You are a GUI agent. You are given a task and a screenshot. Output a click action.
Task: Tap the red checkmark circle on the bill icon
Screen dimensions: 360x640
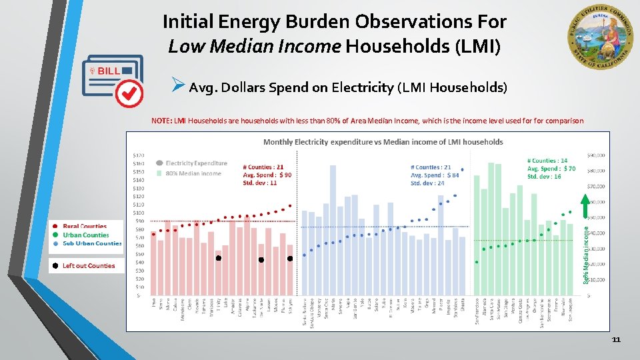click(129, 93)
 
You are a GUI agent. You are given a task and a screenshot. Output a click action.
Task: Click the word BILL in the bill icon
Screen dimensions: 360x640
click(109, 71)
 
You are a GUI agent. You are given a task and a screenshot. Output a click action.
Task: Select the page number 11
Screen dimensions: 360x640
click(616, 340)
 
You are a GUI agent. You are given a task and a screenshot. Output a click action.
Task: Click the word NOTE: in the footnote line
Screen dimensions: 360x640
click(161, 121)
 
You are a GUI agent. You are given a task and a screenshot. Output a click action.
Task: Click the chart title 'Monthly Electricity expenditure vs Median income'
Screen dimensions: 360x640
click(383, 142)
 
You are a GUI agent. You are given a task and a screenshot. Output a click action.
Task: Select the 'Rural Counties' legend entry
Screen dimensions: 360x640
click(84, 227)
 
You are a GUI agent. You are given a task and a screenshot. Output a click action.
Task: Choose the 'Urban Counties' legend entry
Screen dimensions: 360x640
click(85, 235)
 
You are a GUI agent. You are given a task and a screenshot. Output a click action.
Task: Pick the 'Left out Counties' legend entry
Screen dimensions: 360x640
click(88, 266)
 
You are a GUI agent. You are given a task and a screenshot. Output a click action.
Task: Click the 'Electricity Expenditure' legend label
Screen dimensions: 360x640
click(196, 163)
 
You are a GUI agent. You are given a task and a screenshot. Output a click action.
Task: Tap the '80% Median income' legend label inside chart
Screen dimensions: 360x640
click(193, 173)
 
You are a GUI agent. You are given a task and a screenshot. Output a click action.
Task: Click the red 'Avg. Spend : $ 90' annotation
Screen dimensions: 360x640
click(267, 175)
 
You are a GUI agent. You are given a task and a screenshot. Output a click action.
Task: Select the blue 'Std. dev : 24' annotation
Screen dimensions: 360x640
click(427, 183)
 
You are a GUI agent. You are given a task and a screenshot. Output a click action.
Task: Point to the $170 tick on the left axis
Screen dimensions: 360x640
click(139, 155)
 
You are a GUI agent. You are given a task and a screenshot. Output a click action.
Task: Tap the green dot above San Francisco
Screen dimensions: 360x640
click(477, 262)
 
